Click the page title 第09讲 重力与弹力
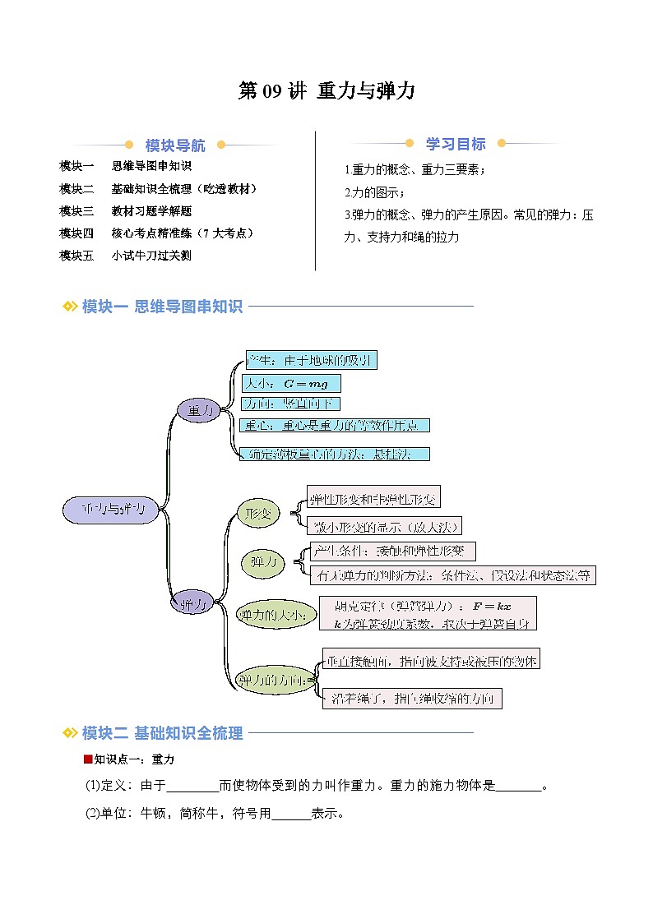326,92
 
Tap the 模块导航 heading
175,145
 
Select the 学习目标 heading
456,144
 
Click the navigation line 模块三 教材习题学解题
126,211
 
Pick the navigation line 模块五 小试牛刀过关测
126,256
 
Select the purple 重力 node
199,410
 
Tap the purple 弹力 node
192,604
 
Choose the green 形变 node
257,514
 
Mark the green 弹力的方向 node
272,680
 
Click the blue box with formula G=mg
291,383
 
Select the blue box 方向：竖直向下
290,404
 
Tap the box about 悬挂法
336,454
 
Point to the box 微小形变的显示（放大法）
383,526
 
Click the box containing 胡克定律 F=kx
428,614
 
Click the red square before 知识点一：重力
87,759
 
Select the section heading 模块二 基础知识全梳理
163,733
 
